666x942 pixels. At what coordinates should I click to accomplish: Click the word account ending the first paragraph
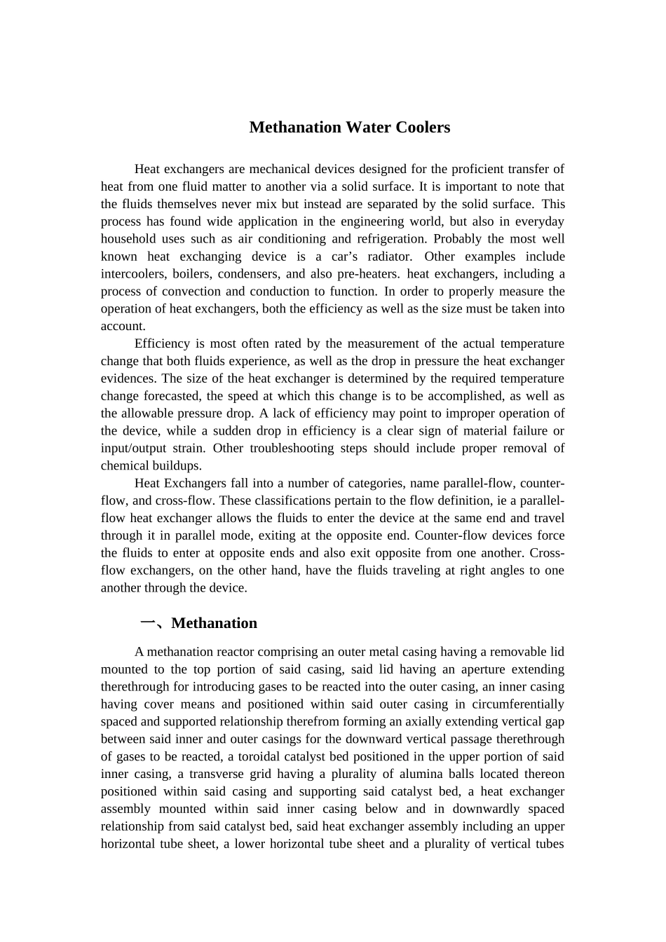point(123,326)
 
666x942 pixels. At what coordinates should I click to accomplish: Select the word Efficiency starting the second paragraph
point(162,343)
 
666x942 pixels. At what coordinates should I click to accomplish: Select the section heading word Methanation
point(214,623)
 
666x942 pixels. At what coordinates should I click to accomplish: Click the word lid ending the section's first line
point(557,652)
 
